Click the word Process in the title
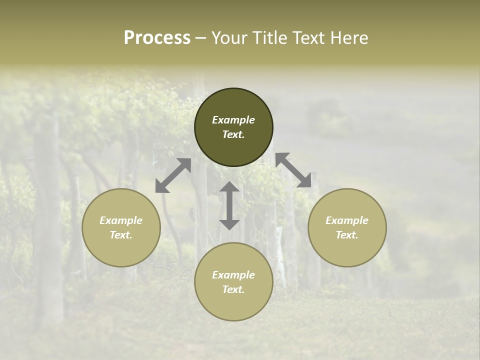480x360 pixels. tap(157, 38)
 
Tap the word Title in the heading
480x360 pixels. tap(269, 38)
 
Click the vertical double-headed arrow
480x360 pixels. tap(229, 205)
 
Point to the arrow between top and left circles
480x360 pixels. tap(173, 175)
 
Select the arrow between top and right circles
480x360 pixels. tap(293, 170)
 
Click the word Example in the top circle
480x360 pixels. tap(233, 120)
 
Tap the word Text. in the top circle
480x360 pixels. tap(233, 134)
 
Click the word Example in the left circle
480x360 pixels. tap(121, 220)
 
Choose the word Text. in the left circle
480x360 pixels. tap(121, 235)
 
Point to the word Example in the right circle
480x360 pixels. tap(347, 220)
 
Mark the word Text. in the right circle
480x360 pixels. tap(347, 235)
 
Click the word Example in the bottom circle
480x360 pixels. tap(233, 275)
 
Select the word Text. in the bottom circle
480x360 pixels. tap(233, 289)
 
